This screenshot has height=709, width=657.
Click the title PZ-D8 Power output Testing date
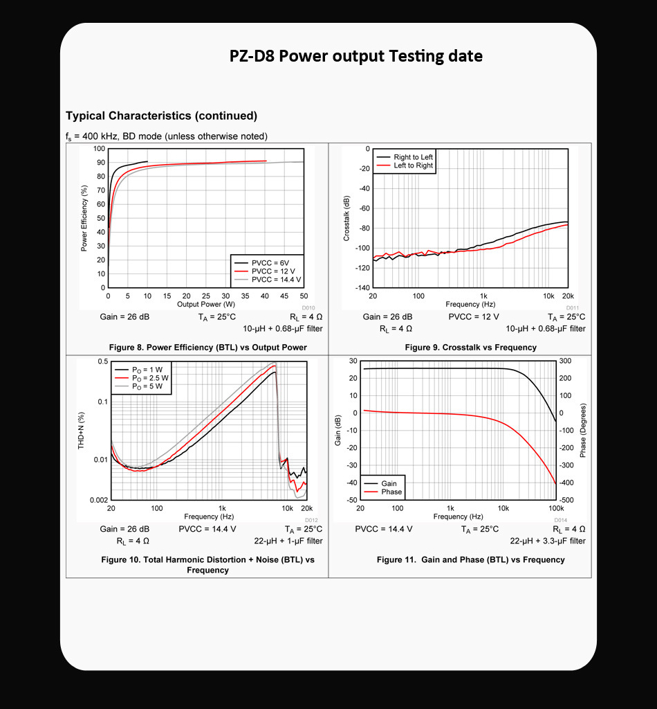pos(355,56)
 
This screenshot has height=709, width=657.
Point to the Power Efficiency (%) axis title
pos(84,217)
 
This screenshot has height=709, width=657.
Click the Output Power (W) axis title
pos(206,304)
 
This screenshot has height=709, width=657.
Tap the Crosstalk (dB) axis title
pos(346,218)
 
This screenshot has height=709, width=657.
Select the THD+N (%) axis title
pos(81,430)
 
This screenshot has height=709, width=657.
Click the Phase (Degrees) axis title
pos(583,430)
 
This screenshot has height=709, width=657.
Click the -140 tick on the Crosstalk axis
pos(361,287)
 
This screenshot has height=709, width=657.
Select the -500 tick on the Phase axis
pos(566,500)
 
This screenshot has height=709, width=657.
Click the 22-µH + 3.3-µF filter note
pos(548,541)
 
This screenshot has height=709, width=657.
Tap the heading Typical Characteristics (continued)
pos(161,116)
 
